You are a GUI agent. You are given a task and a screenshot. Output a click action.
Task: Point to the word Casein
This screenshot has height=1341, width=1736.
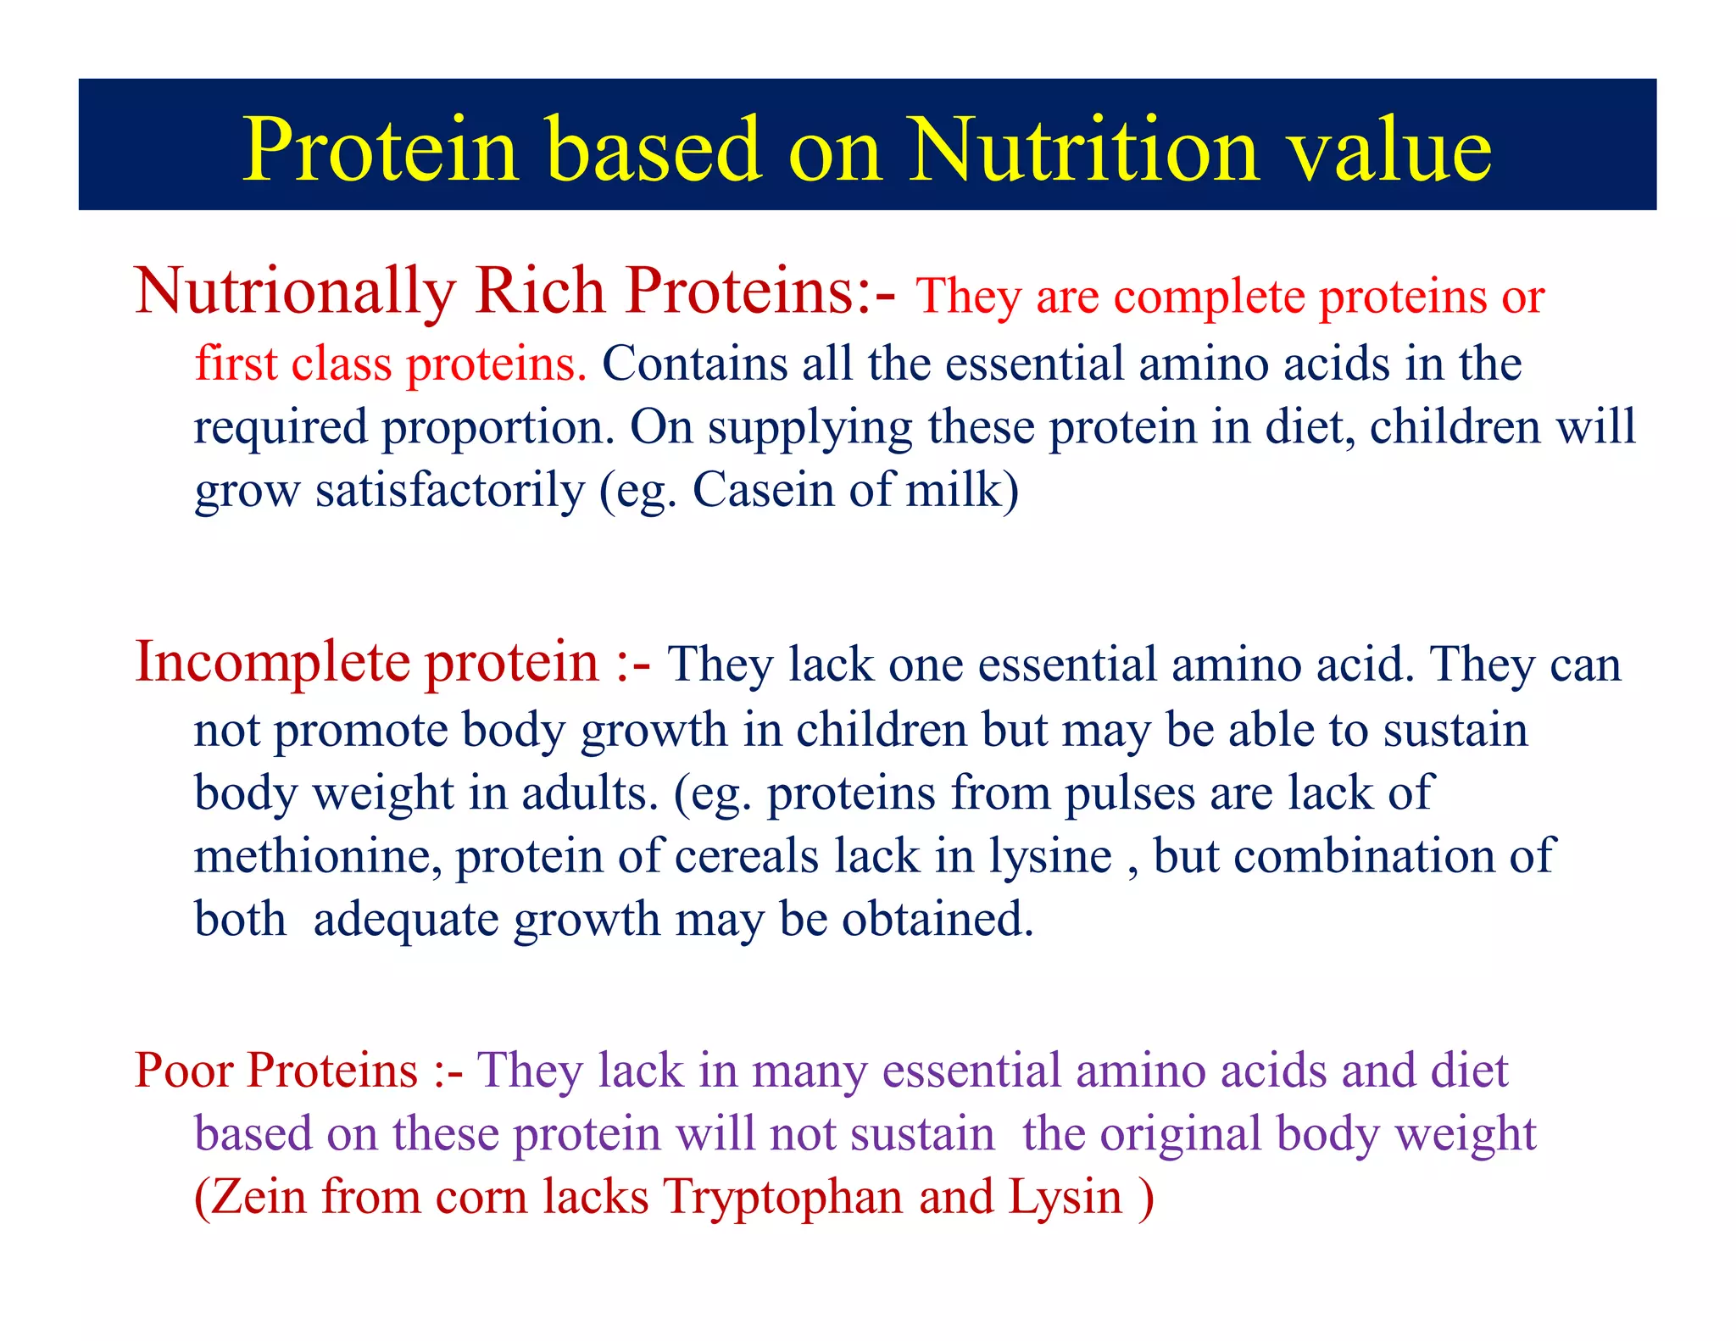tap(763, 489)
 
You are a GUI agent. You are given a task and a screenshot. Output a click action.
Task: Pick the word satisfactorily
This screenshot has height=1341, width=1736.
tap(450, 491)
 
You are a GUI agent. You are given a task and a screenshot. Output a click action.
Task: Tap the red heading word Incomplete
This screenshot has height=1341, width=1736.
tap(273, 663)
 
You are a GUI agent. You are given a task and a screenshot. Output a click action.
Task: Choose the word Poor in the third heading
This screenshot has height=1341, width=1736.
tap(184, 1070)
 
